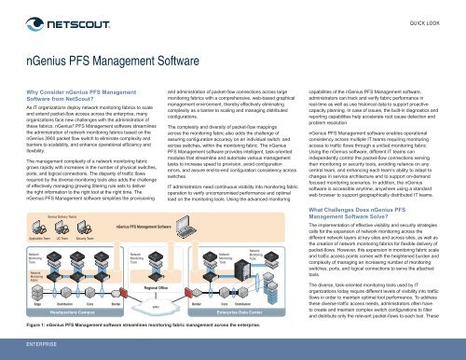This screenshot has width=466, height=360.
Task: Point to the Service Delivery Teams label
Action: tap(62, 215)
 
